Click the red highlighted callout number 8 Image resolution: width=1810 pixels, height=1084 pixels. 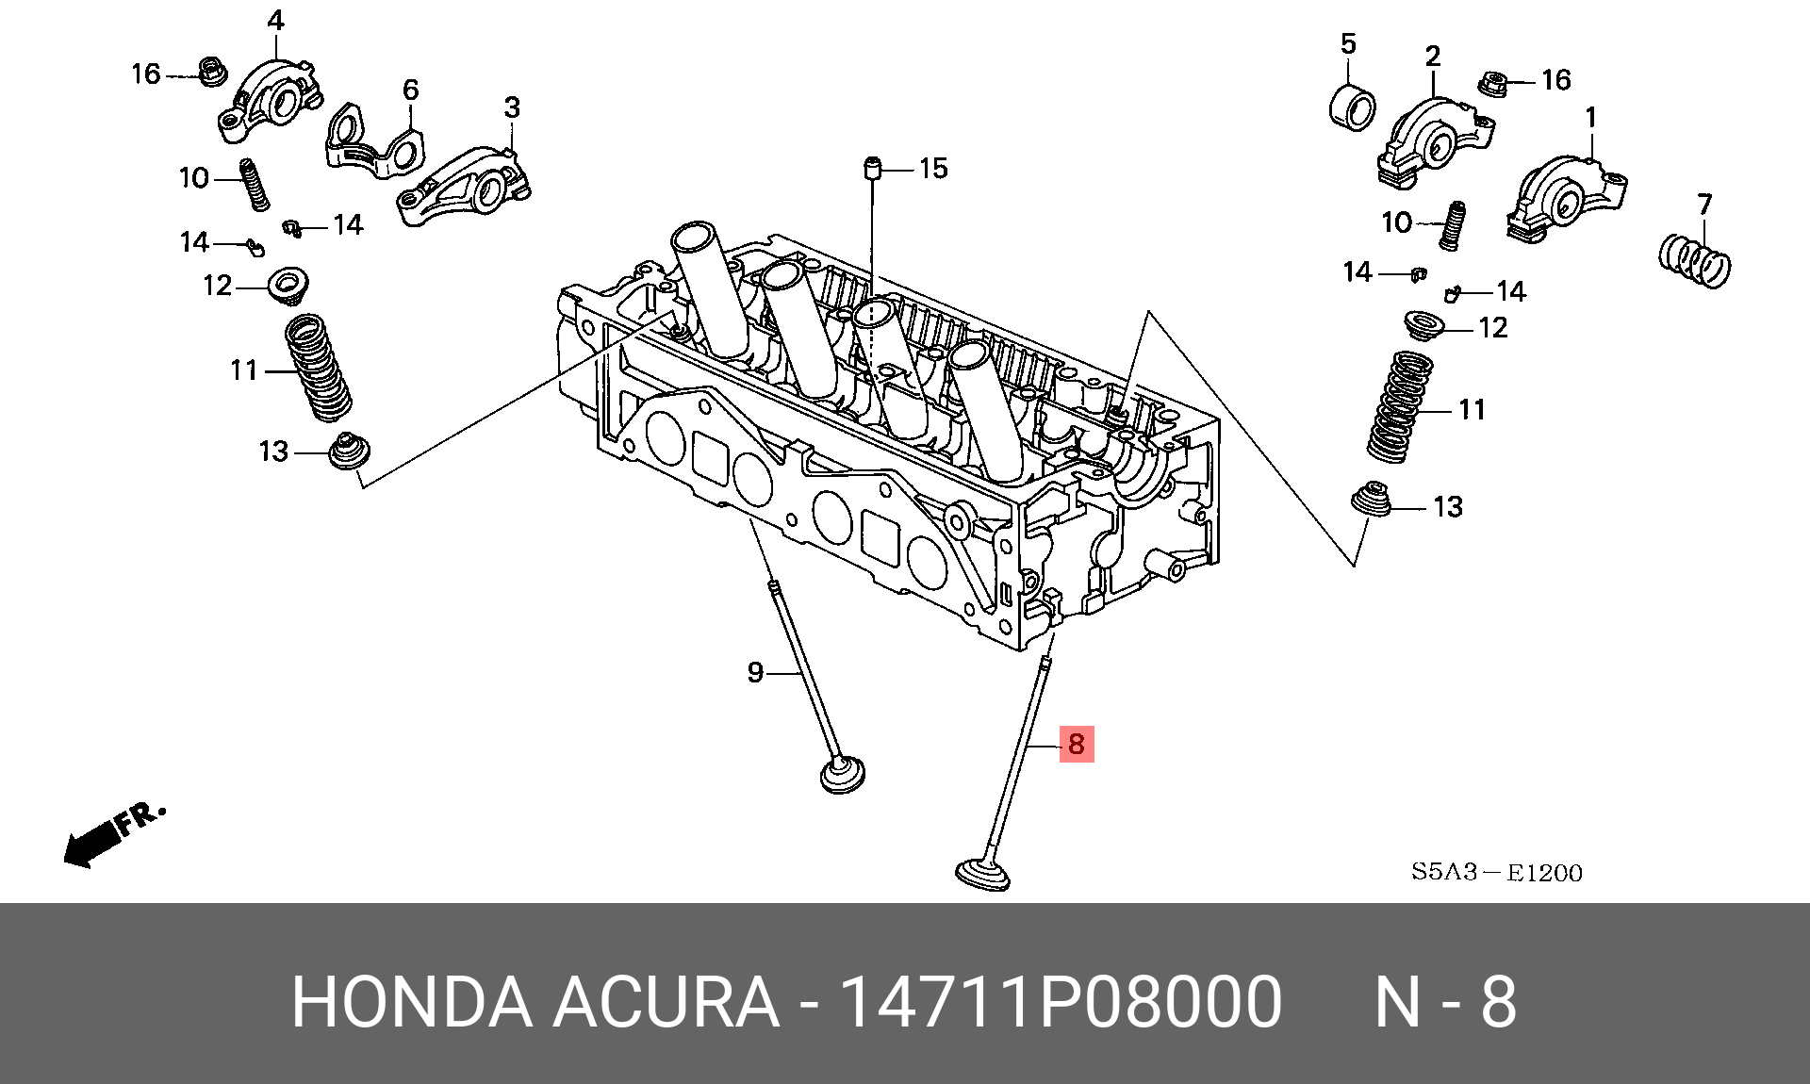click(x=1077, y=744)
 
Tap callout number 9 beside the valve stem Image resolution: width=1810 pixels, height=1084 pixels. click(x=755, y=672)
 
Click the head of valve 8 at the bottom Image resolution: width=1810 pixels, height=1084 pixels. click(x=982, y=873)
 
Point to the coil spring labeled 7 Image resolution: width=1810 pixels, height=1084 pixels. click(x=1694, y=262)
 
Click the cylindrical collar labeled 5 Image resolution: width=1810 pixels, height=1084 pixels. click(x=1352, y=107)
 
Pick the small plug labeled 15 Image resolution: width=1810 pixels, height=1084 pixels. click(x=872, y=171)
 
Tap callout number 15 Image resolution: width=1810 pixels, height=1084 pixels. click(x=933, y=169)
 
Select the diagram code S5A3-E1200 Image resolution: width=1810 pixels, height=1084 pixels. click(x=1496, y=872)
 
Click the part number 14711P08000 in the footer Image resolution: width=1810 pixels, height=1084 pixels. click(x=1060, y=1002)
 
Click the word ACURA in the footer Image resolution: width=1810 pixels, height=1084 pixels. click(x=666, y=1002)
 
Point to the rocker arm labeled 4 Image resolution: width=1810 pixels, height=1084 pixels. click(x=271, y=99)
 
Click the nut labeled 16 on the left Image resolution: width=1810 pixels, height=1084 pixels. click(x=211, y=71)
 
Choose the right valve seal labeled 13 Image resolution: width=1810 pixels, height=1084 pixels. click(x=1371, y=500)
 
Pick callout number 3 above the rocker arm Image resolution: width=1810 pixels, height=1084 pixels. click(x=512, y=107)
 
